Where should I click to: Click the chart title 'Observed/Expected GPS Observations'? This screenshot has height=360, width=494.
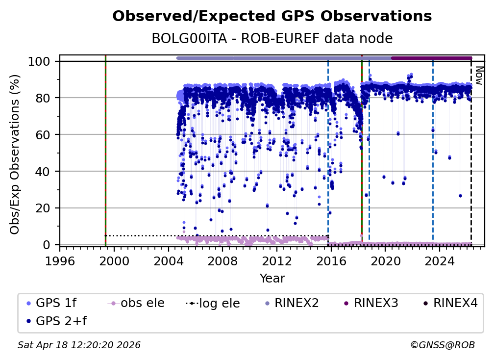pos(272,17)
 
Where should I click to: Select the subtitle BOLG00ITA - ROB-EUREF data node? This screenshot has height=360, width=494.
pos(272,38)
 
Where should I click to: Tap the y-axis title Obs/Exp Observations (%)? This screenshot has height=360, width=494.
pos(15,154)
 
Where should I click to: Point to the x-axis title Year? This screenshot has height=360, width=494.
pos(272,279)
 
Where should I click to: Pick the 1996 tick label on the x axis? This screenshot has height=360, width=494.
pos(60,262)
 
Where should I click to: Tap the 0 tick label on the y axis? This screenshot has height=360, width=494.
pos(49,245)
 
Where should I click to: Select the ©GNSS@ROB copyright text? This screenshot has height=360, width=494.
pos(442,345)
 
